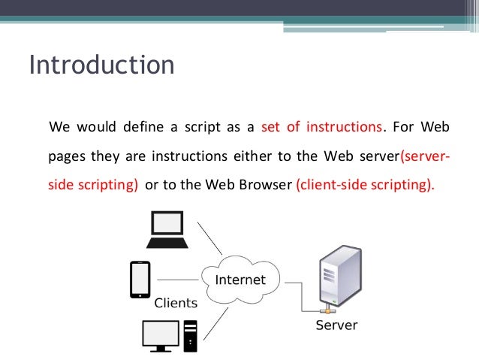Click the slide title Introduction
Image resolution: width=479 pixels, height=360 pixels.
[101, 65]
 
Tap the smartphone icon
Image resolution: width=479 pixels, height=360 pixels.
[140, 280]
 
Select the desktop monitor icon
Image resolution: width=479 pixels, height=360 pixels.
[161, 335]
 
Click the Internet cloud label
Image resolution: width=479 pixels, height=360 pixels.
[240, 280]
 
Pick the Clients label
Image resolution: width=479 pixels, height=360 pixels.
[176, 304]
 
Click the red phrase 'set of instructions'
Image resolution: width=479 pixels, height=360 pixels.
[321, 126]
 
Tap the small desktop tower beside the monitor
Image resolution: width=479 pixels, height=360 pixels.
[190, 335]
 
